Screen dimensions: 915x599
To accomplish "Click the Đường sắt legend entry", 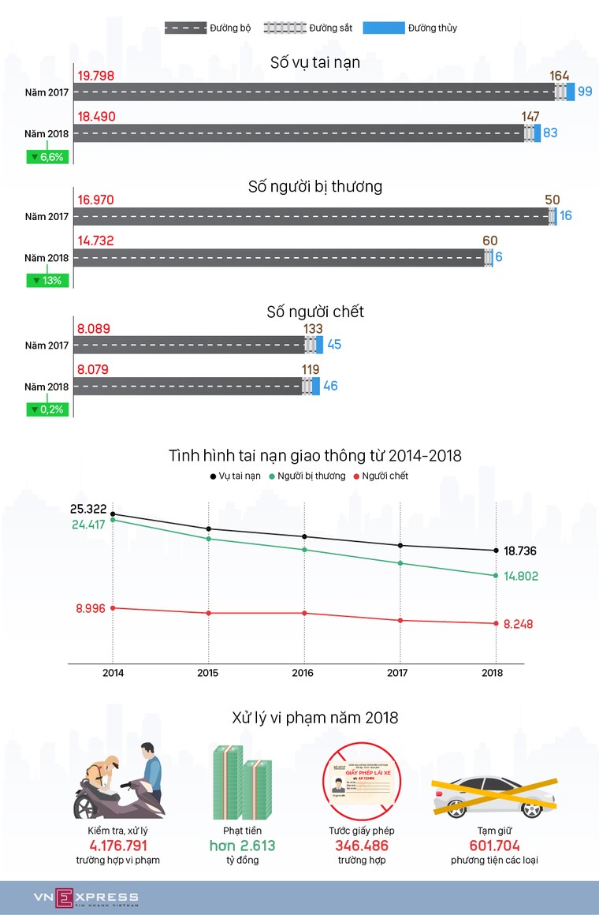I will tap(300, 28).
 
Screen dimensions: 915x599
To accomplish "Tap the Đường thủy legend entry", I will tap(410, 28).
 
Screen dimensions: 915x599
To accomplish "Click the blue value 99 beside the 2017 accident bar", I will tap(585, 91).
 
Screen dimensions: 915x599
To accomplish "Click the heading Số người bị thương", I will tap(315, 187).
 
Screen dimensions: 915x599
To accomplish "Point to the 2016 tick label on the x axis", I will tap(303, 673).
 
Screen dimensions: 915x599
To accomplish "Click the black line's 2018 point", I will tap(496, 551).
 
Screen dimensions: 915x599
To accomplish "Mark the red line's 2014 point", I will tap(113, 607).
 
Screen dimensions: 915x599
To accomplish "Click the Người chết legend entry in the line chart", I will tap(381, 476).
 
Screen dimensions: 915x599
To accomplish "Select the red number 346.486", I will tap(361, 846).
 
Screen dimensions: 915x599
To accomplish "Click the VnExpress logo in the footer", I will tap(85, 898).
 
